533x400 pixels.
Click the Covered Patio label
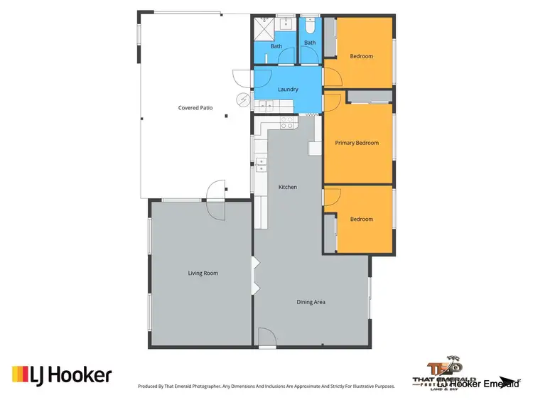click(x=195, y=108)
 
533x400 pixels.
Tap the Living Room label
click(x=203, y=273)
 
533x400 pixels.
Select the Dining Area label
click(x=311, y=303)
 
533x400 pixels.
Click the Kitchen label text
click(x=288, y=187)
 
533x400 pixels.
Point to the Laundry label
click(x=288, y=90)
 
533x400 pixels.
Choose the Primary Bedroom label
click(x=357, y=143)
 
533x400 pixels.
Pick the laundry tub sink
click(x=266, y=107)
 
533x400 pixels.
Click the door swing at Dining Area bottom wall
click(x=267, y=338)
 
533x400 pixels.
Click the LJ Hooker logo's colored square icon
click(x=19, y=374)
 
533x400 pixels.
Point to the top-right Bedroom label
click(x=361, y=56)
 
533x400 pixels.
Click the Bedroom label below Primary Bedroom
click(x=361, y=219)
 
